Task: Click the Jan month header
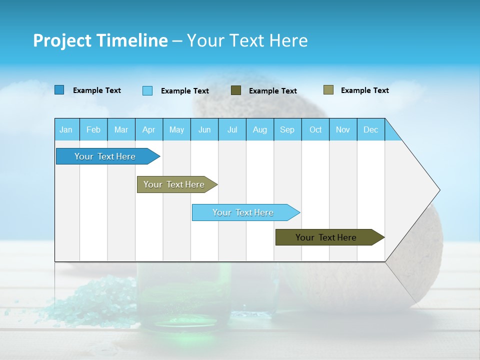66,129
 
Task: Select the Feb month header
93,129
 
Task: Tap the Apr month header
148,129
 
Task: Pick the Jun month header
204,129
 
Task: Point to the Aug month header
259,129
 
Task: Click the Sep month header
287,129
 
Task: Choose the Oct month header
315,129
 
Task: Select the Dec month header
370,129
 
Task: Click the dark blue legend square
59,90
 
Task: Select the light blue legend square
147,90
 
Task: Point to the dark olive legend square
236,90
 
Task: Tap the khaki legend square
328,90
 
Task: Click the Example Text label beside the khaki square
364,90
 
